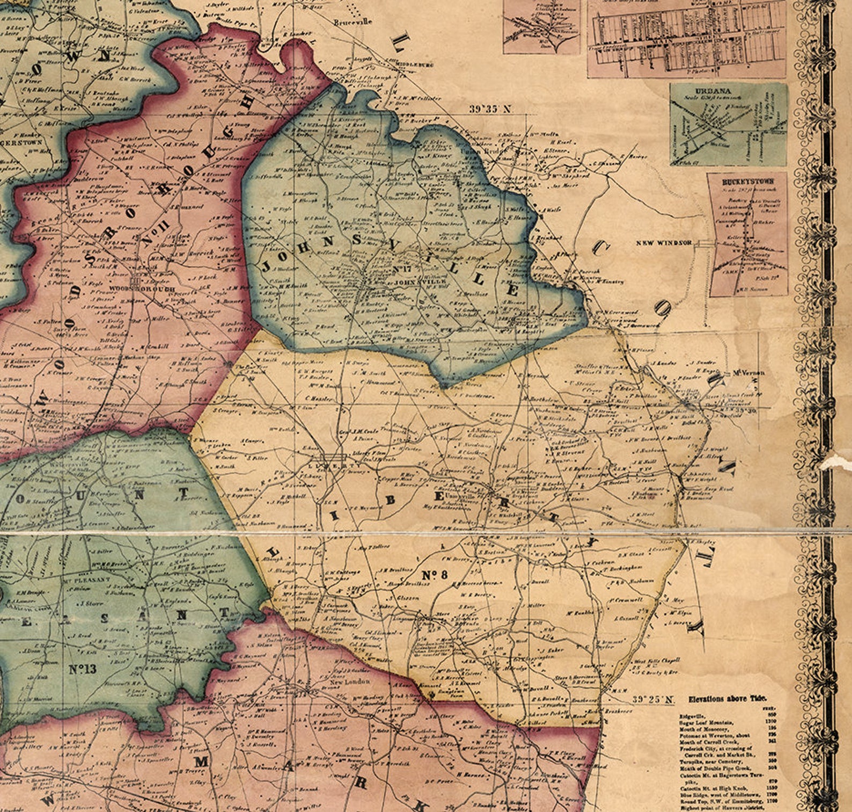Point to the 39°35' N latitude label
(491, 109)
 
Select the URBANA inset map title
(728, 91)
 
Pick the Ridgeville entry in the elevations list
(693, 716)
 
